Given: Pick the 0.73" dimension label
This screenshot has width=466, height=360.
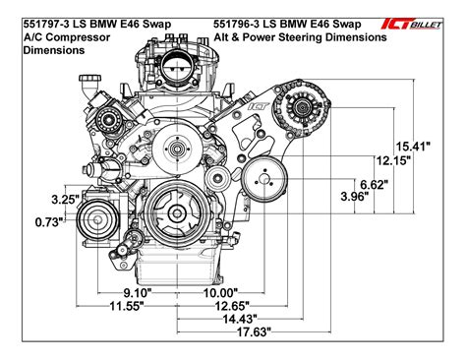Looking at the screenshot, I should (38, 222).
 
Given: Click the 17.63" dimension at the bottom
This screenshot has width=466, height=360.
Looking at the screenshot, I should (253, 333).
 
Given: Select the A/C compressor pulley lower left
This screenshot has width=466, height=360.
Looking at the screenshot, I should (95, 217).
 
